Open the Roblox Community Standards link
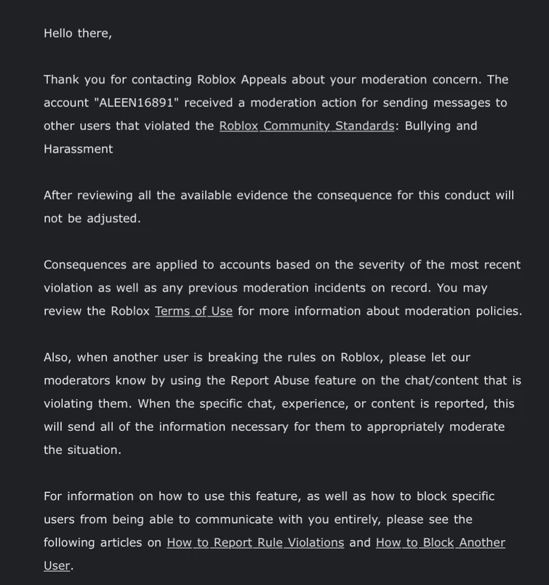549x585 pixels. tap(306, 126)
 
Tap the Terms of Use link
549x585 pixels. tap(193, 311)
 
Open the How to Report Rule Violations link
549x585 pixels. tap(255, 543)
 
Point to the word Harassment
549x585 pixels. tap(78, 149)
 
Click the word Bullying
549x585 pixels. tap(428, 126)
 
